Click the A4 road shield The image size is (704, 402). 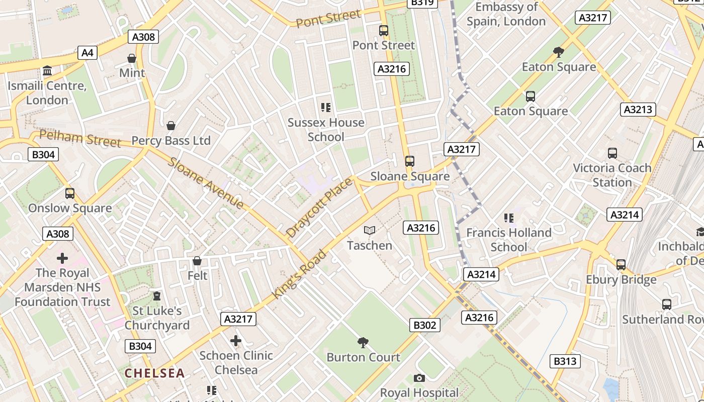87,52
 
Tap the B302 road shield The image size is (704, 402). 424,325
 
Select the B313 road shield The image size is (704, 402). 566,361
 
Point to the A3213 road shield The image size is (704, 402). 638,109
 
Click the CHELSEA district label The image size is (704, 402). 155,373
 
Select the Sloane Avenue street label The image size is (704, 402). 206,183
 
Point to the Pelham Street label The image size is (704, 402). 80,138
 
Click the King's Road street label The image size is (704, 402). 300,274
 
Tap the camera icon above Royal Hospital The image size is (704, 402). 419,378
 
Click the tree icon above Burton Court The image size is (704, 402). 363,343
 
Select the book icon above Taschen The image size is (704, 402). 370,231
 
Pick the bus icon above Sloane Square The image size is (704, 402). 410,161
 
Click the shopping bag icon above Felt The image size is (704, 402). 197,261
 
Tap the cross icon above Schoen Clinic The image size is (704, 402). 236,341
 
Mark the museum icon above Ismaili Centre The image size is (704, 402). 47,71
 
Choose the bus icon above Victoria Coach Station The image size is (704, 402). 612,153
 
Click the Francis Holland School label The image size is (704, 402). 509,240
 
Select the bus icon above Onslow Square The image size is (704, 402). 70,193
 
